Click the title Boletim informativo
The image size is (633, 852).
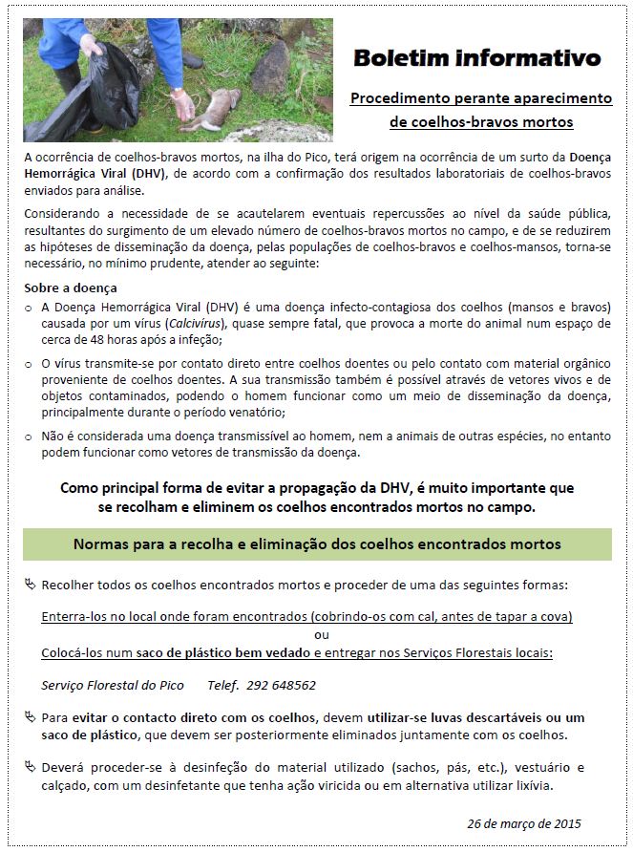[x=477, y=58]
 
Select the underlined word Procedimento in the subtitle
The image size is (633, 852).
[x=392, y=98]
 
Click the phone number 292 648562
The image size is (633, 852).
[x=284, y=685]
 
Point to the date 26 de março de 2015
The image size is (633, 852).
[x=524, y=822]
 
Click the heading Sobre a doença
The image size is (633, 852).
[x=73, y=288]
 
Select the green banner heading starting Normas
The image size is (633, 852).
[x=317, y=544]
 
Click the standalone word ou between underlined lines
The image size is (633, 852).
[x=321, y=635]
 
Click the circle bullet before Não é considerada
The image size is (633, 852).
[x=28, y=436]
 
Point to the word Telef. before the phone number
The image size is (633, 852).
[x=224, y=685]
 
